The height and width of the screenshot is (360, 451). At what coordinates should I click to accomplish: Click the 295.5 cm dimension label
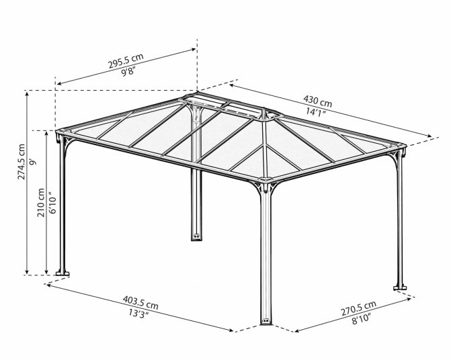pyautogui.click(x=126, y=61)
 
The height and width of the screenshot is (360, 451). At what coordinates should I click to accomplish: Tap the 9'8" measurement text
pyautogui.click(x=128, y=71)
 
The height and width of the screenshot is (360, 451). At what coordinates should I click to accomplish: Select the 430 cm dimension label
pyautogui.click(x=317, y=101)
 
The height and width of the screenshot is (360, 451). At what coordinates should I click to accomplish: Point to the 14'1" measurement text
pyautogui.click(x=315, y=111)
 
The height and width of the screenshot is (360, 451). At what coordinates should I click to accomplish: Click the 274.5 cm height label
pyautogui.click(x=22, y=162)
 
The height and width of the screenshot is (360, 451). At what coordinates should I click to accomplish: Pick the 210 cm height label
pyautogui.click(x=41, y=203)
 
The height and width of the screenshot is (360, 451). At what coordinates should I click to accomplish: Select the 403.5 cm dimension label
pyautogui.click(x=140, y=302)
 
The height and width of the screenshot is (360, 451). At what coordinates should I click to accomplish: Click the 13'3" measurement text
pyautogui.click(x=138, y=313)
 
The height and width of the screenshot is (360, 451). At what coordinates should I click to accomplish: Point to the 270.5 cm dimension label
pyautogui.click(x=358, y=308)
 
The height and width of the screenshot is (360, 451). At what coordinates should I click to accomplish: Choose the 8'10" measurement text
pyautogui.click(x=361, y=319)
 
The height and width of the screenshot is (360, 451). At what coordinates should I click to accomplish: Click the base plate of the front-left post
pyautogui.click(x=63, y=273)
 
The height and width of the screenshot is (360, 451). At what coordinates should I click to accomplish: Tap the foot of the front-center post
pyautogui.click(x=265, y=321)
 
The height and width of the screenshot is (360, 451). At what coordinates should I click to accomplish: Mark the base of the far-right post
pyautogui.click(x=400, y=287)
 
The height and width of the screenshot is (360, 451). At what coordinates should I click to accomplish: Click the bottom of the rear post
pyautogui.click(x=196, y=237)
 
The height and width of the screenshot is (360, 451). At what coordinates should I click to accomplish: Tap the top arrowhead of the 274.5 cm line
pyautogui.click(x=27, y=95)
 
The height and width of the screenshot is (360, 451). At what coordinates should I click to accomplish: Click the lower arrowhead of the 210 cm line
pyautogui.click(x=46, y=271)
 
